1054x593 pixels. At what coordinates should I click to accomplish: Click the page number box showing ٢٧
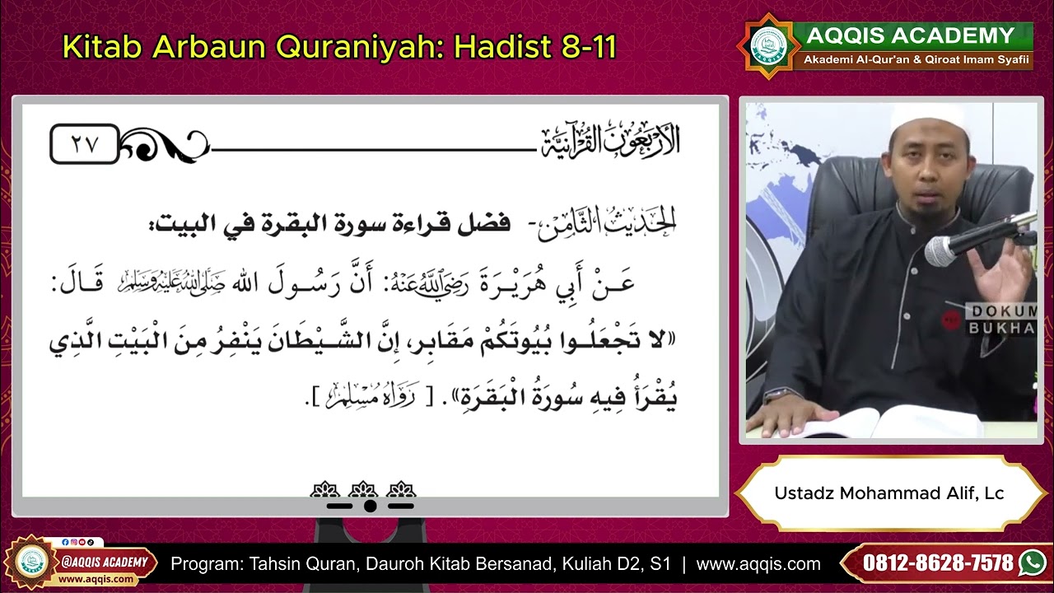tap(85, 144)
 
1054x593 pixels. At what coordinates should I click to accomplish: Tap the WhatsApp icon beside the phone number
tap(1032, 563)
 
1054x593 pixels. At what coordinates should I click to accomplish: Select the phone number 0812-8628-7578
tap(938, 563)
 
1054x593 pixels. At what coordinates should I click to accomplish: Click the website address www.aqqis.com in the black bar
tap(758, 564)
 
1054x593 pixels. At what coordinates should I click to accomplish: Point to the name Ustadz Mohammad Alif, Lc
tap(888, 493)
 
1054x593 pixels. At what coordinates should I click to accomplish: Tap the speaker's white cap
tap(919, 117)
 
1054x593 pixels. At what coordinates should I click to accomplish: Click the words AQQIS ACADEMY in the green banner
tap(910, 36)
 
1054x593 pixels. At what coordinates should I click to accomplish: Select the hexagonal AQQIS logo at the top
tap(768, 46)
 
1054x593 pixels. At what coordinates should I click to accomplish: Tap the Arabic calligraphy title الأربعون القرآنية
tap(610, 142)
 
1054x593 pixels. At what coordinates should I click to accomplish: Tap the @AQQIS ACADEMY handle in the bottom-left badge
tap(105, 563)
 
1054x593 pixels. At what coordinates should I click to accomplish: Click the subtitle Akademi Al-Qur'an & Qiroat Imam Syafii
tap(916, 60)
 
